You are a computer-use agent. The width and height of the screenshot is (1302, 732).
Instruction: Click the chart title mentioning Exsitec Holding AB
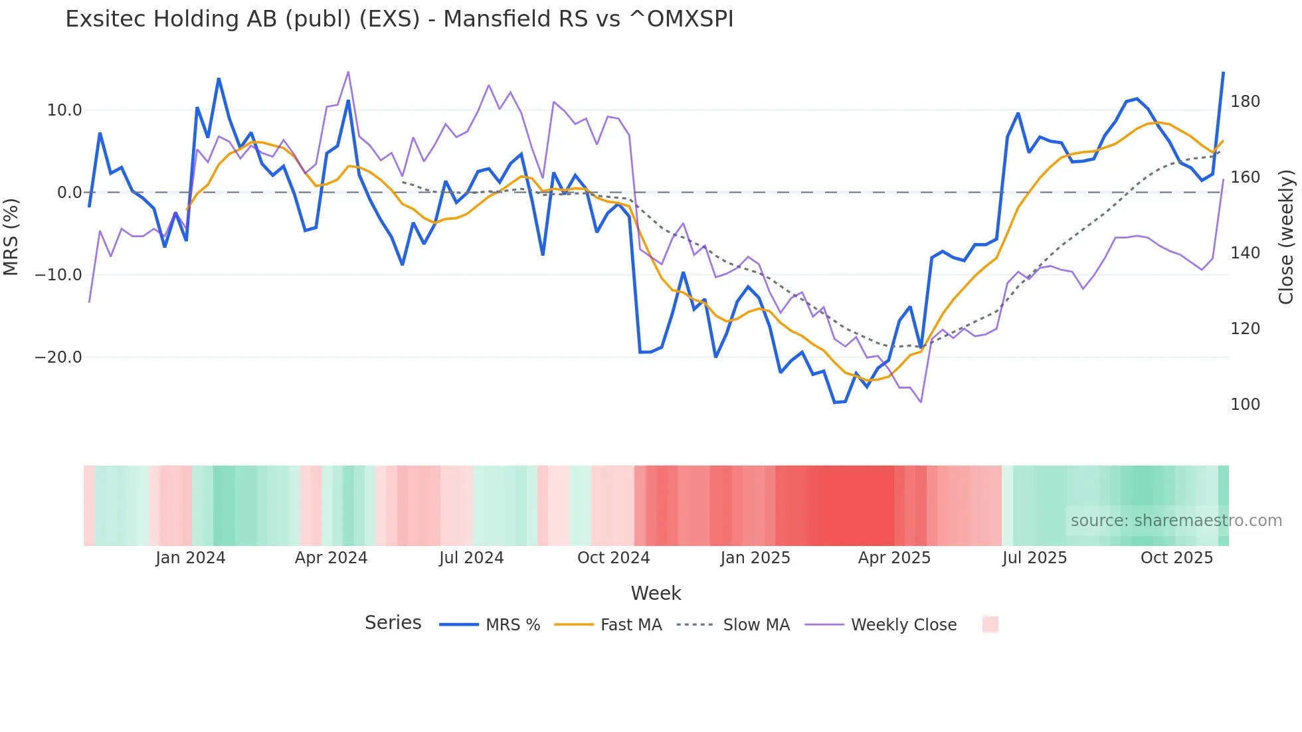pyautogui.click(x=399, y=19)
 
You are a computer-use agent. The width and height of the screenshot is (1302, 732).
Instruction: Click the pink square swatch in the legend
pyautogui.click(x=990, y=624)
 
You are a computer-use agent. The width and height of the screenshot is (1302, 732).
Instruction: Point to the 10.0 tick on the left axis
pyautogui.click(x=64, y=110)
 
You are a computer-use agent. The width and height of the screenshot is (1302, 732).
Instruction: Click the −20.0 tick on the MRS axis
pyautogui.click(x=58, y=357)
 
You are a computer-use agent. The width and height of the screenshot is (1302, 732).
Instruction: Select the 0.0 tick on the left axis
pyautogui.click(x=69, y=193)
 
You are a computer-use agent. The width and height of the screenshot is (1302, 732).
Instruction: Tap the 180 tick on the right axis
pyautogui.click(x=1245, y=102)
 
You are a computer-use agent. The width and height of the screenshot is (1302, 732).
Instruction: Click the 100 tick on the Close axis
pyautogui.click(x=1245, y=405)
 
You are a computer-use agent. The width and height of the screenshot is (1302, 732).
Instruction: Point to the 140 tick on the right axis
pyautogui.click(x=1245, y=253)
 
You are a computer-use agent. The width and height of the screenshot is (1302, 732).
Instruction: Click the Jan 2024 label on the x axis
pyautogui.click(x=191, y=558)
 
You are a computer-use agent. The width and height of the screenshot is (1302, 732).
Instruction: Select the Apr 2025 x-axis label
pyautogui.click(x=894, y=558)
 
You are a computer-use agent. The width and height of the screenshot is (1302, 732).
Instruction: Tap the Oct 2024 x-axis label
pyautogui.click(x=613, y=558)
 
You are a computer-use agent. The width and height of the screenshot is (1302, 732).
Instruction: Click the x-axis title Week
pyautogui.click(x=656, y=593)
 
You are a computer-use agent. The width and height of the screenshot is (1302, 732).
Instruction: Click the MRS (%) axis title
pyautogui.click(x=11, y=236)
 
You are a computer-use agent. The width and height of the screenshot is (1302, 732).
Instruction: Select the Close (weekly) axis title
pyautogui.click(x=1286, y=236)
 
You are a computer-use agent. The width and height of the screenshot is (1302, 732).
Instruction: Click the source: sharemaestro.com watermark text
pyautogui.click(x=1176, y=521)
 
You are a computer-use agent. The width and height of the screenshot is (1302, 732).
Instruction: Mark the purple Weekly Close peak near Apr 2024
pyautogui.click(x=348, y=72)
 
